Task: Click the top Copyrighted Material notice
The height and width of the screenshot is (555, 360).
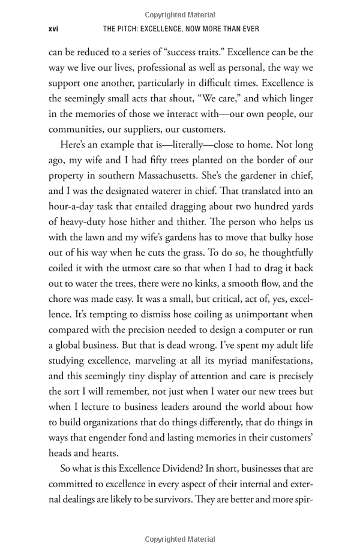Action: coord(180,14)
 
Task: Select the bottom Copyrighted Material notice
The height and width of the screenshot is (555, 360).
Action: coord(180,539)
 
